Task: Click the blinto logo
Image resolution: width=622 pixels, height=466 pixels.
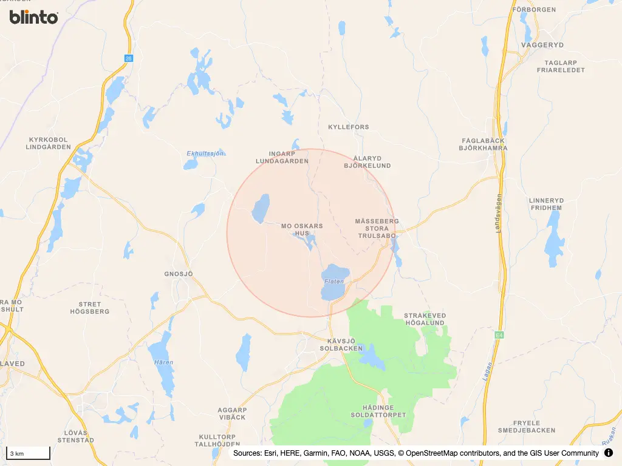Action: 34,17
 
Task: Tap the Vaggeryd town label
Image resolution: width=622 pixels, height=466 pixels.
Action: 542,45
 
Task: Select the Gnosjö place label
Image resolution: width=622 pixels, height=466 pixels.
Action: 178,274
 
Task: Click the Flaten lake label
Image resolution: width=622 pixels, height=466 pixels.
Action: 334,282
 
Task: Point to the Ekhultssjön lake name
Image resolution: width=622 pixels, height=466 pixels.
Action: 205,154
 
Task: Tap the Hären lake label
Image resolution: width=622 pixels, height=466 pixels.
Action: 164,363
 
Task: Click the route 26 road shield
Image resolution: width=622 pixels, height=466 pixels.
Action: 128,58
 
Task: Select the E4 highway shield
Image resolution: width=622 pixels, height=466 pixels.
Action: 499,334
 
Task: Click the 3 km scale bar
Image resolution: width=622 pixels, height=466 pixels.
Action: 28,453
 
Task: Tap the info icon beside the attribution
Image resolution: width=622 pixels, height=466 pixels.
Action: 609,453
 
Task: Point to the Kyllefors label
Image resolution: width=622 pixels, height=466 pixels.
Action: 348,127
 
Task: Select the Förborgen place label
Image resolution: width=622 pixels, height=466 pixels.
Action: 534,10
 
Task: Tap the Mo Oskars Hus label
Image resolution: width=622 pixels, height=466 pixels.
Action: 302,229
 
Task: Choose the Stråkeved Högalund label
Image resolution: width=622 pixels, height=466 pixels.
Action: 425,319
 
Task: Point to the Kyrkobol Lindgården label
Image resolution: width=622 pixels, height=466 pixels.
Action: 48,143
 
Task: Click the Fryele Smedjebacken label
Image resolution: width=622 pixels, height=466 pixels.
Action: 518,427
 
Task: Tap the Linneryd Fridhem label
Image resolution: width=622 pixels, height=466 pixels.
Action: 545,204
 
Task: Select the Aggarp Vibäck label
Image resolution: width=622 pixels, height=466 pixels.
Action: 232,414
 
